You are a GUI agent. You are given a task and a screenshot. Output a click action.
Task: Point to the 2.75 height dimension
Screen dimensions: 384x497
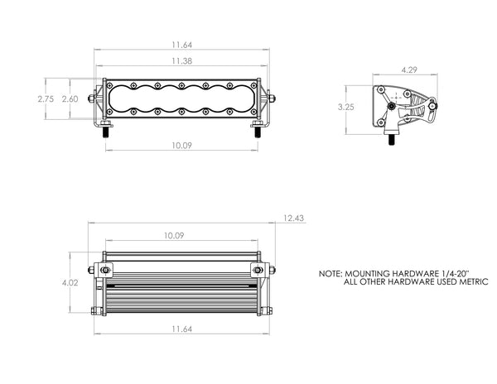coord(46,98)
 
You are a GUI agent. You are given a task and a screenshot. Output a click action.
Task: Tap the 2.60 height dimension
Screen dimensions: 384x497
coord(70,98)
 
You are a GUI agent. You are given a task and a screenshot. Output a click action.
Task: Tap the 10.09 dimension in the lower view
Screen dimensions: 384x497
coord(174,236)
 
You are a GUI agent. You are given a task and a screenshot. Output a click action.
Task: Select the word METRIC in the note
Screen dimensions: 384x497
coord(469,282)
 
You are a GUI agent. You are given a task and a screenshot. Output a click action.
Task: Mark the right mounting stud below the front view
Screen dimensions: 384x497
coord(257,130)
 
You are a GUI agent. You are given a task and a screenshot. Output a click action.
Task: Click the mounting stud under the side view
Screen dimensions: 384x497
coord(392,137)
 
